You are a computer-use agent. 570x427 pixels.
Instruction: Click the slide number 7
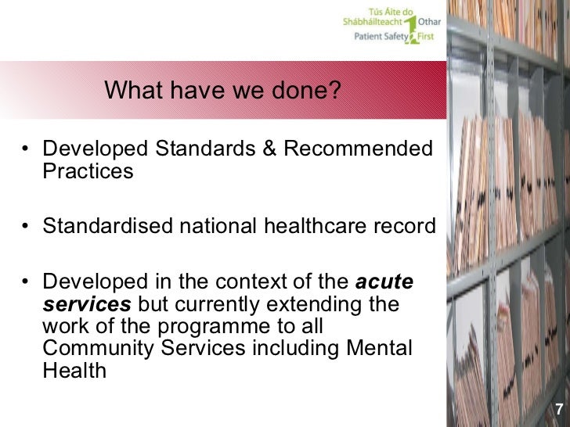pos(559,410)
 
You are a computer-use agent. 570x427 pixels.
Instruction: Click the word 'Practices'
pos(88,171)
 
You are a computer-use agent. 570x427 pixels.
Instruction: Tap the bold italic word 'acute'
pos(384,282)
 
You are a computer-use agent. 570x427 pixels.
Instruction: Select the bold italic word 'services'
pos(87,303)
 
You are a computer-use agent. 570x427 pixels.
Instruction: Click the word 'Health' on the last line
pos(74,370)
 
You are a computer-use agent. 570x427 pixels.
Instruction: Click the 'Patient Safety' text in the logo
pos(372,35)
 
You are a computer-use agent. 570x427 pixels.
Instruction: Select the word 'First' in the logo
pos(430,35)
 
